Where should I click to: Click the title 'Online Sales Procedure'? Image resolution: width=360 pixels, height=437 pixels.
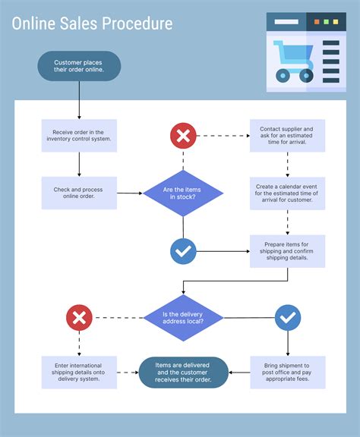click(x=92, y=24)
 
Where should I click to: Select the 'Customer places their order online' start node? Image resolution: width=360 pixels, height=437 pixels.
click(x=79, y=66)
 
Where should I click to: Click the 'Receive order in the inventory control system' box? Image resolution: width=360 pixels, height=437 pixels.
click(x=79, y=135)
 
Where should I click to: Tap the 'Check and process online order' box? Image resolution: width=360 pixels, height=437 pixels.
click(x=79, y=193)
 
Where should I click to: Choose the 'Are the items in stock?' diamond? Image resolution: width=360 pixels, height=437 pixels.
click(x=183, y=193)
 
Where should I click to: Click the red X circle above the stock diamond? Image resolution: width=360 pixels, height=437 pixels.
click(x=183, y=136)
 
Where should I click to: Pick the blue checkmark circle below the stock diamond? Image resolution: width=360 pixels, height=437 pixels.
click(x=183, y=250)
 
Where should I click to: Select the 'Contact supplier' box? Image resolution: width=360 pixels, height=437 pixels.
click(x=287, y=136)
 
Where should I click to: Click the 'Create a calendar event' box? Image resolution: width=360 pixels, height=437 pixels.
click(x=287, y=193)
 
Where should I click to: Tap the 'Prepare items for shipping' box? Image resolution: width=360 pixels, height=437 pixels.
click(x=287, y=250)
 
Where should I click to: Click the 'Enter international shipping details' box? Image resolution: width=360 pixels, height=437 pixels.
click(x=79, y=373)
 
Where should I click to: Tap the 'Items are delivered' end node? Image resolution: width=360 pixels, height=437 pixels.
click(x=183, y=373)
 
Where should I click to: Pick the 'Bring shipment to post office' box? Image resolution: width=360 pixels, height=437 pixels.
click(x=287, y=373)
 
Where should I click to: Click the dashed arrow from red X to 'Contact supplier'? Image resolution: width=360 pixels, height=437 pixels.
click(x=223, y=136)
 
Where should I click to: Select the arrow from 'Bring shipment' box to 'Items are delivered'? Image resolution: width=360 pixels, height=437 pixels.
click(x=239, y=373)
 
